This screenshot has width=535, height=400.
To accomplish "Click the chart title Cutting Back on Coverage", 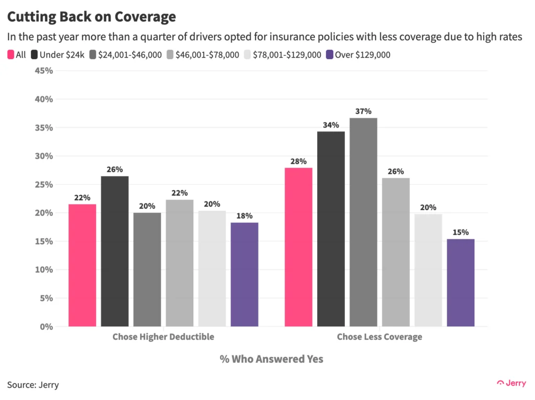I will tap(91, 17).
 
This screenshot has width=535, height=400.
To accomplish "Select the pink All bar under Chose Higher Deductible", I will tap(83, 265).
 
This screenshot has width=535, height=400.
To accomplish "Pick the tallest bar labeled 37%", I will tap(363, 222).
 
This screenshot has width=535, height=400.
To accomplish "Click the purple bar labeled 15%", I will tap(460, 282).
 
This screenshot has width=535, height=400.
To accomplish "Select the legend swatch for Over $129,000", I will tap(329, 54).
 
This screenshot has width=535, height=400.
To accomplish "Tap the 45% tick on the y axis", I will tap(43, 71).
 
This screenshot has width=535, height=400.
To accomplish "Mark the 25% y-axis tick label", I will tap(43, 185).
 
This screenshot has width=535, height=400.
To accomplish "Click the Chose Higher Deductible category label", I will tap(163, 337).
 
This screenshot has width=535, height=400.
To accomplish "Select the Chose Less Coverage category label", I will tap(379, 337).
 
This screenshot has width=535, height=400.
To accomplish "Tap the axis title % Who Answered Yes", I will tap(271, 359).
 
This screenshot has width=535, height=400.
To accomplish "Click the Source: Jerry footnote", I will tap(33, 385).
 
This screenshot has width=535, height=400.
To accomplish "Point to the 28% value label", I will tap(298, 161).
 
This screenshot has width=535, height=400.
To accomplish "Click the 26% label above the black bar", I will tap(115, 169).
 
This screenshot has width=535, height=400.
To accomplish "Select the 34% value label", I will tap(331, 125).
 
